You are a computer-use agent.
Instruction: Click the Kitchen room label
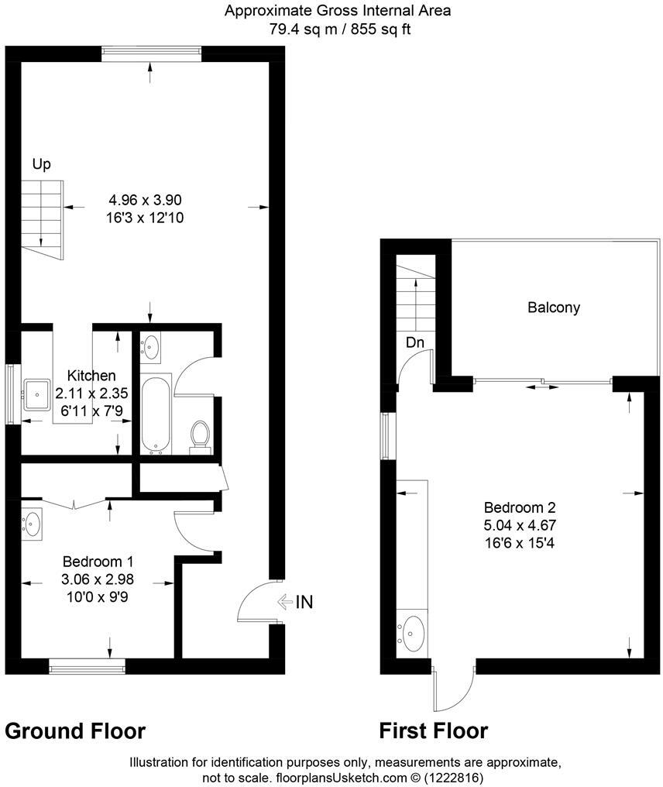91,375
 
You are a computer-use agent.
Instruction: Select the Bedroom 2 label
520,508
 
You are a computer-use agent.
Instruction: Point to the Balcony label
554,308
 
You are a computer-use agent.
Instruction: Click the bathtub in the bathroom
156,412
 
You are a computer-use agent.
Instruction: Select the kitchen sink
36,393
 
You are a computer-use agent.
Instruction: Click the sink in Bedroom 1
32,524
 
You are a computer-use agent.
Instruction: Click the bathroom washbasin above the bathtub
151,346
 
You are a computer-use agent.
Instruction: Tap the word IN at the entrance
304,601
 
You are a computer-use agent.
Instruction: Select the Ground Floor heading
75,730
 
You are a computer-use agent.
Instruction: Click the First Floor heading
433,730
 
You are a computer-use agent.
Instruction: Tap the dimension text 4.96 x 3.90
146,199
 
